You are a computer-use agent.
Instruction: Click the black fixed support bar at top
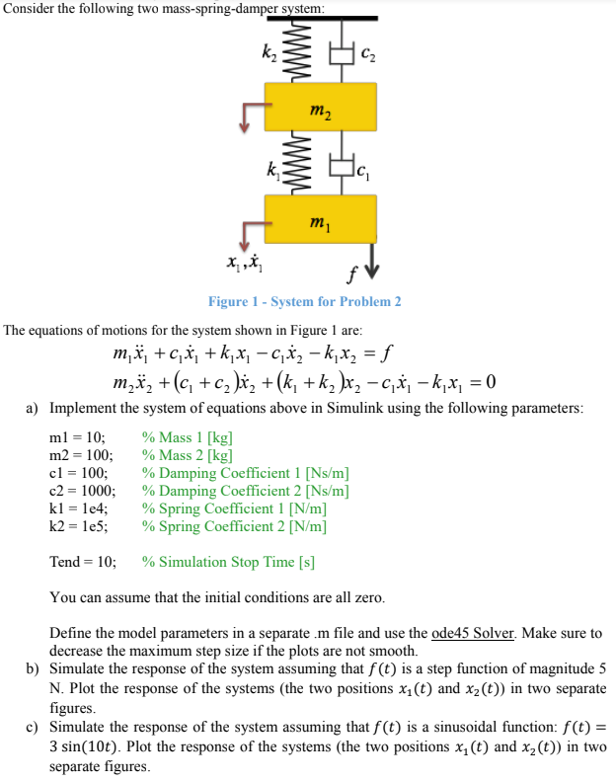pyautogui.click(x=321, y=18)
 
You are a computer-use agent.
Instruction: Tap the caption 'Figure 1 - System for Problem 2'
pyautogui.click(x=304, y=301)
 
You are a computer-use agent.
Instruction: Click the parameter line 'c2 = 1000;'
pyautogui.click(x=83, y=491)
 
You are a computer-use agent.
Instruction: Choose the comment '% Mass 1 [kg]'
pyautogui.click(x=188, y=437)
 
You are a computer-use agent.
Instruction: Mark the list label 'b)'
pyautogui.click(x=33, y=668)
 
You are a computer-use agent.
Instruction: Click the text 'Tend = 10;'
pyautogui.click(x=83, y=562)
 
